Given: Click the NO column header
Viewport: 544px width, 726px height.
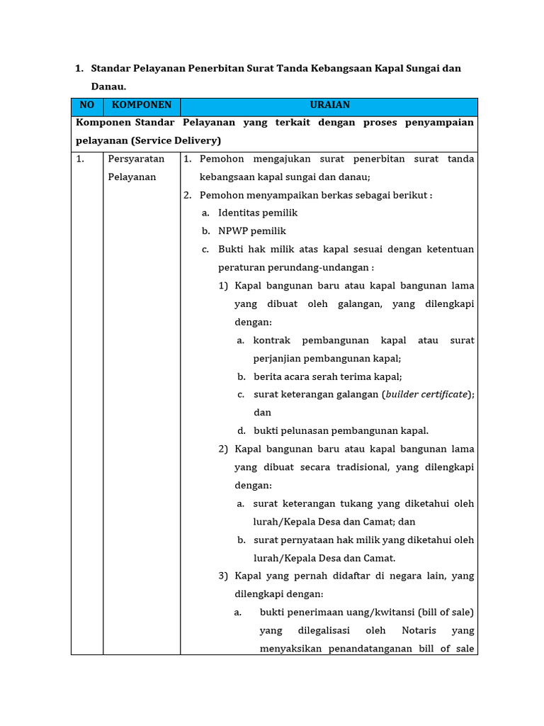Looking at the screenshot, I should point(86,105).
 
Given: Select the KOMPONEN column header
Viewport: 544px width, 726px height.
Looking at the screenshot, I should point(142,105).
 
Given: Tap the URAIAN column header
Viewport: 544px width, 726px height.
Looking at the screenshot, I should point(329,105).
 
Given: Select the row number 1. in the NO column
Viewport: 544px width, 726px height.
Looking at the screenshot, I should point(80,159).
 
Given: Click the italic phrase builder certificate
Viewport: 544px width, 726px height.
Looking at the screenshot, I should point(426,394).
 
